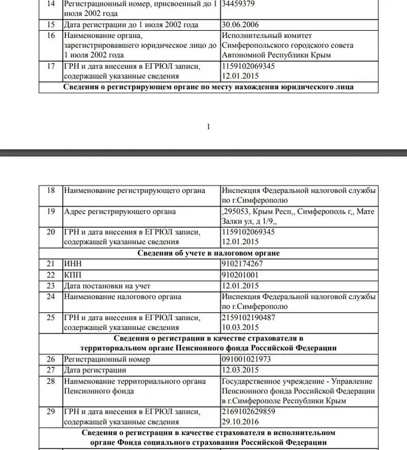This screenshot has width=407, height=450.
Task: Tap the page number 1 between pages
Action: coord(208,127)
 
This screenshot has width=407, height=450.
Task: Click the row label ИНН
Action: coord(73,263)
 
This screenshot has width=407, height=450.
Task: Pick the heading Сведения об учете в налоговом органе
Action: coord(208,253)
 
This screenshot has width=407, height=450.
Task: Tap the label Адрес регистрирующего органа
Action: coord(119,212)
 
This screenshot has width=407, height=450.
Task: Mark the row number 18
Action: coord(51,190)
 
